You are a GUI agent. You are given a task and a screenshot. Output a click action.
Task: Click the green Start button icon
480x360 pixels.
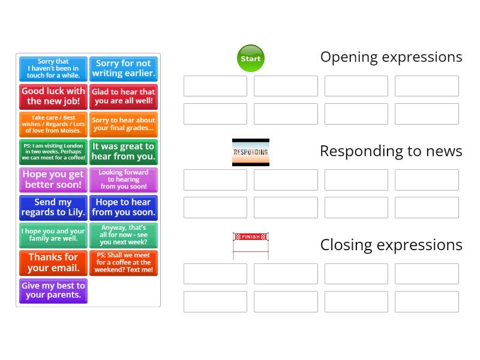coord(251,58)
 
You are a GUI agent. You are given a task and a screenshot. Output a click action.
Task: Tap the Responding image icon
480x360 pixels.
coord(251,152)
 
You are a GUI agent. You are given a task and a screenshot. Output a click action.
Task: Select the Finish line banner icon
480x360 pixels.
coord(251,245)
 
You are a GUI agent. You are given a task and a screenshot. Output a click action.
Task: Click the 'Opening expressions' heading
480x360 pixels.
coord(391,57)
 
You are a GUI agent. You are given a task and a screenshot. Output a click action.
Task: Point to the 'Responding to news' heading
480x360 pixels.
coord(391,151)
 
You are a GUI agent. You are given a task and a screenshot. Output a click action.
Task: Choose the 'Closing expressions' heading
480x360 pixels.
coord(391,245)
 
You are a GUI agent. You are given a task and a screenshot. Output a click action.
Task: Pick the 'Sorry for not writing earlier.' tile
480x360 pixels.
coord(124,68)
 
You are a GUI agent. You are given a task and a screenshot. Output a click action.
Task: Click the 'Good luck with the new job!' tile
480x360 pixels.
coord(53,97)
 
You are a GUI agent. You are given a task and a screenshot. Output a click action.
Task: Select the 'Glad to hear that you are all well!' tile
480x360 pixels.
coord(124,97)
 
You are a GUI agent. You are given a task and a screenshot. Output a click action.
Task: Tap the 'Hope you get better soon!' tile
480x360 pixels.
coord(53,179)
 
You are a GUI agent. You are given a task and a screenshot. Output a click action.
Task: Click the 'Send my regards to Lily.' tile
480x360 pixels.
coord(53,208)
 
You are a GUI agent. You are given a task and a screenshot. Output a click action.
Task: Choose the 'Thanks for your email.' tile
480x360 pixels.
coord(53,263)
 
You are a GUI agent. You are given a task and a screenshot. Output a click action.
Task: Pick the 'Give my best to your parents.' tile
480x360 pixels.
coord(53,290)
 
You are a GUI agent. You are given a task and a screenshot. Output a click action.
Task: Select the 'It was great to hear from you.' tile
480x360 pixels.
coord(124,152)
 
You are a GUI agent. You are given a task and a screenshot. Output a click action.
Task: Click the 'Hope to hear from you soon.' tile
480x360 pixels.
coord(124,208)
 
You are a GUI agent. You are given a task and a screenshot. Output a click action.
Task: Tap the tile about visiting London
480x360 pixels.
coord(53,152)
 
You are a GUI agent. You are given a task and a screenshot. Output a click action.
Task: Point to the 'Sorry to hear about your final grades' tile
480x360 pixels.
coord(124,124)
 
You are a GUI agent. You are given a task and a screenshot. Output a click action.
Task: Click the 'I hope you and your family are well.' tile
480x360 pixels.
coord(53,235)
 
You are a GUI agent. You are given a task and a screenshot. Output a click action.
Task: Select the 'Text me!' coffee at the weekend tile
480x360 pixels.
coord(124,263)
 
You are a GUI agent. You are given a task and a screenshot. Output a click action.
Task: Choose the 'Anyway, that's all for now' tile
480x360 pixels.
coord(124,235)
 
